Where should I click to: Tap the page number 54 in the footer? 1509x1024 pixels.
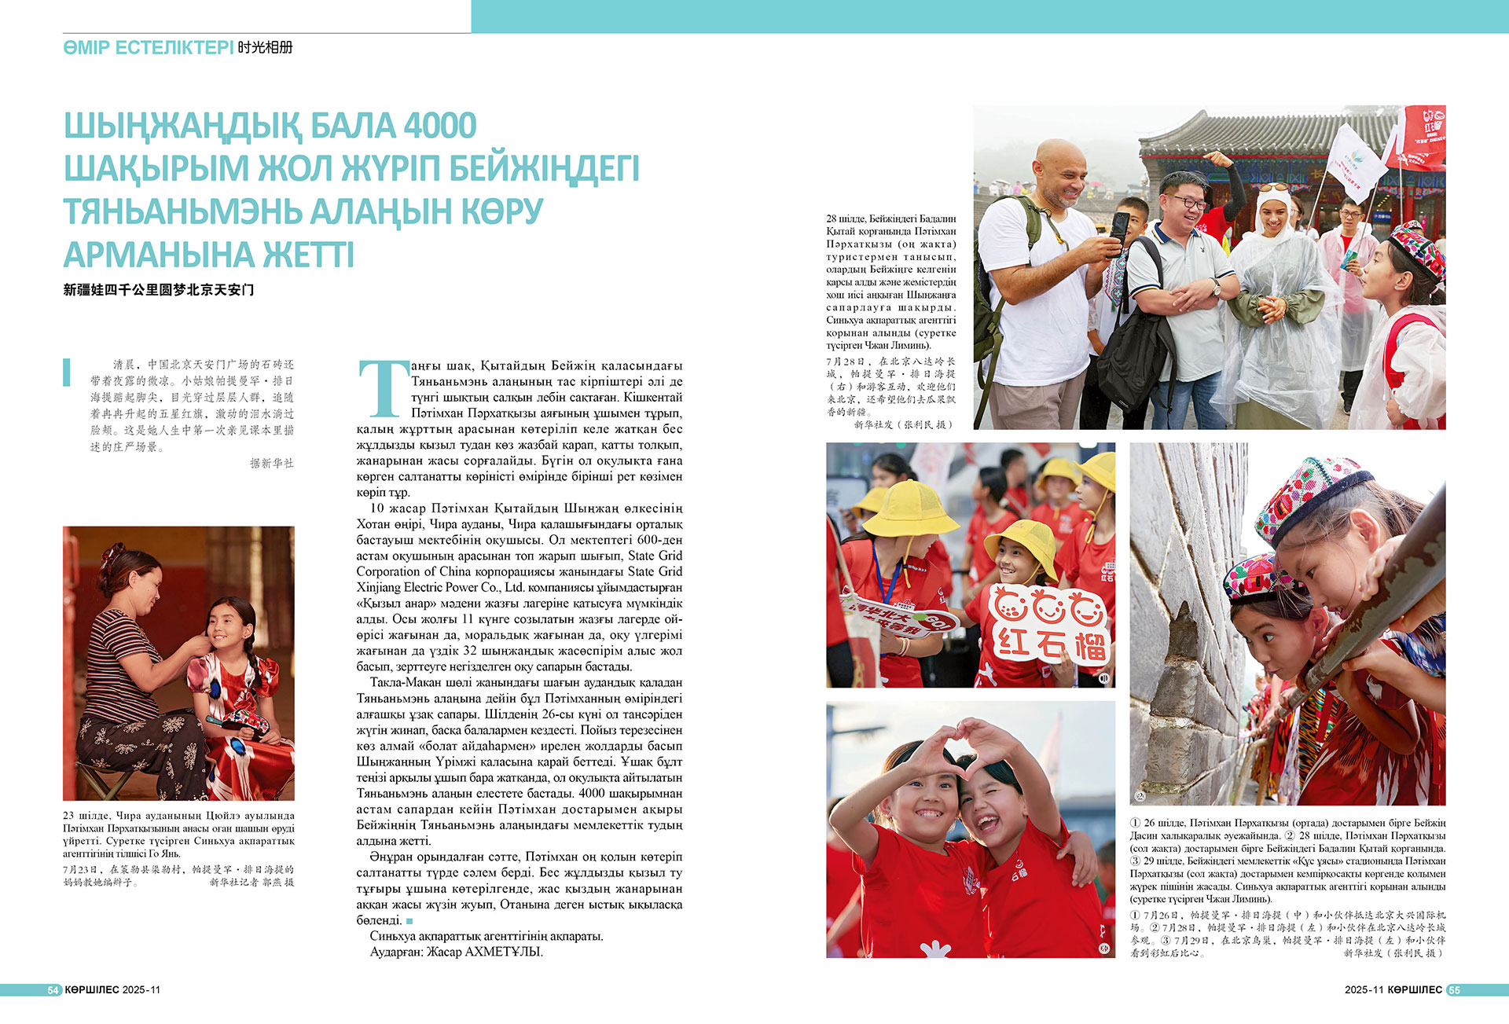click(53, 990)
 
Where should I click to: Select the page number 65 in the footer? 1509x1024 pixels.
click(1454, 990)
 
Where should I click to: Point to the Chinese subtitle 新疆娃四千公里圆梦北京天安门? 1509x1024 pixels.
click(159, 290)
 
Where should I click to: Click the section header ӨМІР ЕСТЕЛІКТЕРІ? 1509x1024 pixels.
click(149, 48)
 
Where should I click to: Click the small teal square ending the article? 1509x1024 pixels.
click(409, 920)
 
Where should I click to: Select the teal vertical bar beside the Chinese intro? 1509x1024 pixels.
click(67, 372)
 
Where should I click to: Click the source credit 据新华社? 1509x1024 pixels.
click(271, 464)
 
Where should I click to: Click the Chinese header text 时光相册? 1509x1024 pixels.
click(266, 48)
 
